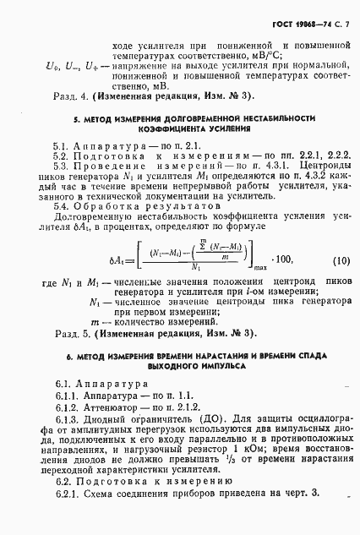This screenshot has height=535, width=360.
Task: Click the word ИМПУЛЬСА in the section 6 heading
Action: point(221,380)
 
